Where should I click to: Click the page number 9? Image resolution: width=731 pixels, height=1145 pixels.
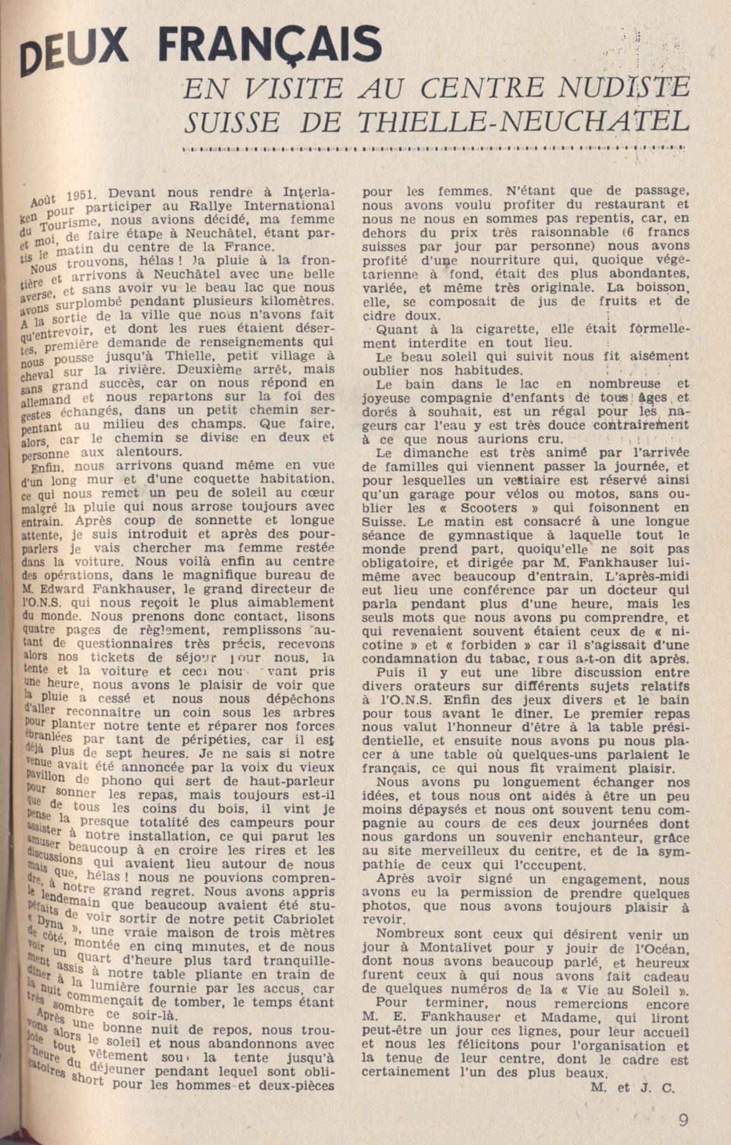pos(683,1120)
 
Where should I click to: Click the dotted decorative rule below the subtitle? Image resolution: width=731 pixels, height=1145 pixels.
pos(433,150)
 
